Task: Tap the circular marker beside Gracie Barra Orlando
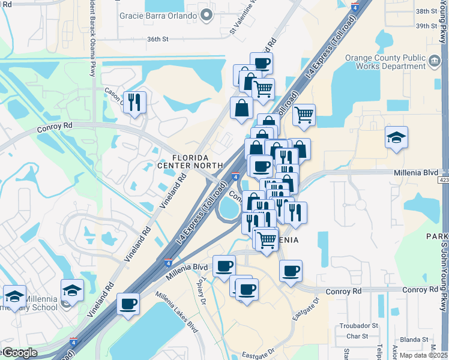point(207,15)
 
